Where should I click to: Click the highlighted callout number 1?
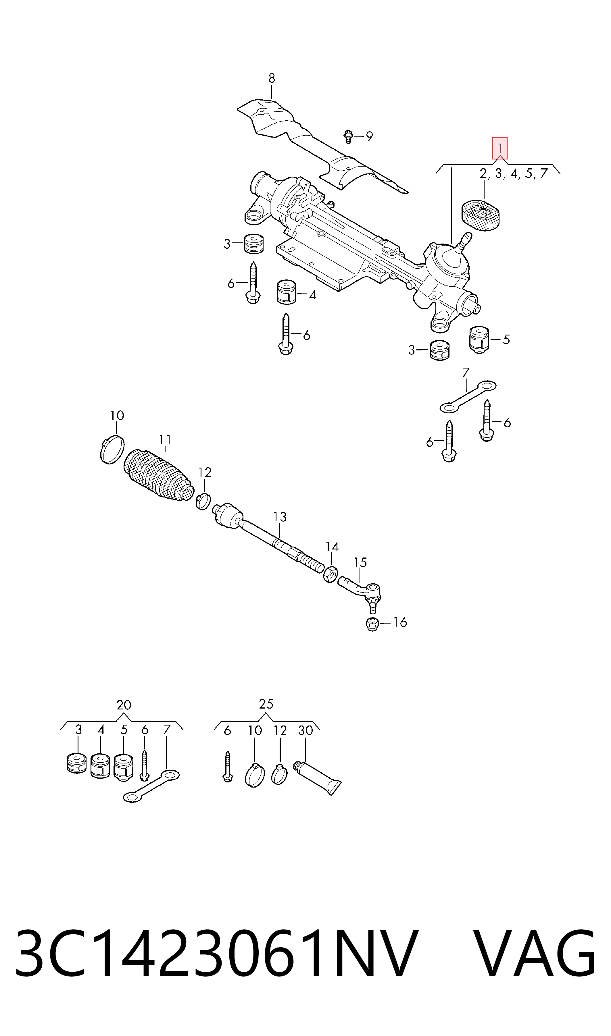click(x=499, y=148)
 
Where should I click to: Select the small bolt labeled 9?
click(x=348, y=136)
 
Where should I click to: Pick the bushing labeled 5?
click(x=480, y=339)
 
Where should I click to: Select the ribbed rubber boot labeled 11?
click(x=159, y=475)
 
